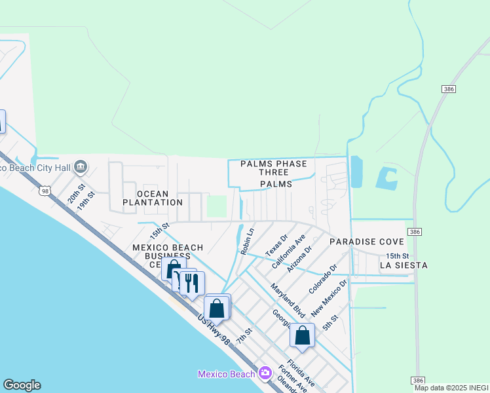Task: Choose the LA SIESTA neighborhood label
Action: tap(404, 265)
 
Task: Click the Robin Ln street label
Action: tap(247, 241)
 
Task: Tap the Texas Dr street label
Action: tap(276, 246)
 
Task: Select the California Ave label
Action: tap(289, 253)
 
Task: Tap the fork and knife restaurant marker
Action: tap(191, 283)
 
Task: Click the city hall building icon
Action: tap(81, 167)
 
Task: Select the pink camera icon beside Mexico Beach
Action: tap(265, 374)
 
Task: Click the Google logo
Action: tap(22, 385)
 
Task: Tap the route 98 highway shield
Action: tap(44, 191)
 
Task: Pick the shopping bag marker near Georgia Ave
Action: tap(302, 335)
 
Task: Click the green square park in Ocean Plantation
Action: tap(216, 206)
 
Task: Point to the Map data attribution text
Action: tap(451, 388)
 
